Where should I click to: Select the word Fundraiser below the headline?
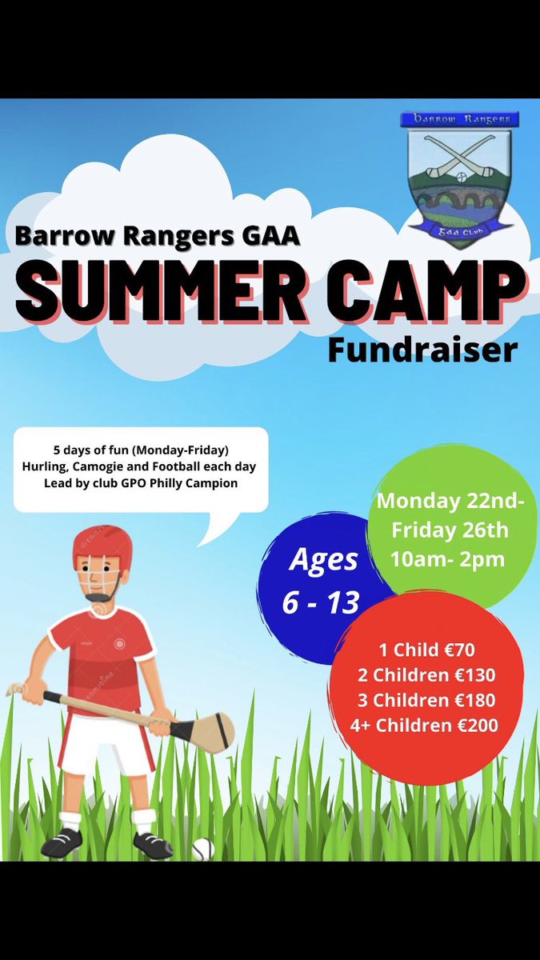422,350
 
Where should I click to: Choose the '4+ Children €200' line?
424,726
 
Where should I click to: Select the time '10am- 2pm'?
448,559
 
